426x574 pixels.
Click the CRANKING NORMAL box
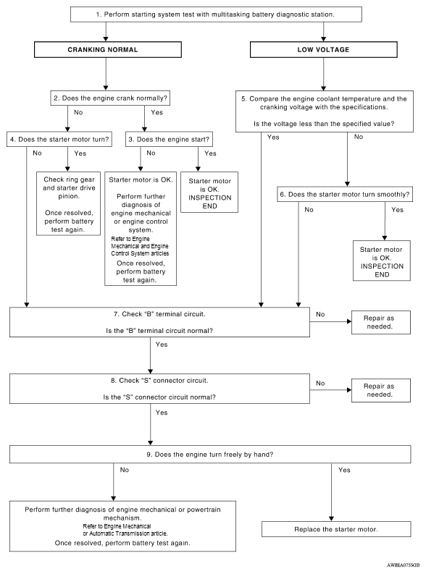tap(108, 49)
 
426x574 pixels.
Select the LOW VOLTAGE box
tap(323, 49)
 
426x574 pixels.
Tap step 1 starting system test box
tap(216, 14)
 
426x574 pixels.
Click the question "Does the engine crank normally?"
tap(110, 98)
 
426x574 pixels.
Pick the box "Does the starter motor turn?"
tap(59, 140)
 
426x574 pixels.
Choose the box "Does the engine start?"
tap(169, 140)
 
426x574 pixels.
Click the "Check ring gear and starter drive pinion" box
tap(69, 203)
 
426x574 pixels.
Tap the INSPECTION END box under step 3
tap(209, 193)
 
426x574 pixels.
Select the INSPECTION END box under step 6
tap(382, 261)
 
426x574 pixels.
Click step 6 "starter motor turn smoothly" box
tap(345, 195)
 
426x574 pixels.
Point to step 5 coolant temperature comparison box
tap(325, 111)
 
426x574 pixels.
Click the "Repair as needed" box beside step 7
tap(381, 322)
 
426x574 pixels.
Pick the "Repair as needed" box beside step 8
tap(381, 390)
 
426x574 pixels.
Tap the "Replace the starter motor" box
tap(336, 529)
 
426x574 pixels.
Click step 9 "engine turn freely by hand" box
tap(210, 455)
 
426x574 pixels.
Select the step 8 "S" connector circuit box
tap(159, 389)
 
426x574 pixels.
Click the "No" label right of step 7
tap(320, 314)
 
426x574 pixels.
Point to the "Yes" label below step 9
tap(344, 470)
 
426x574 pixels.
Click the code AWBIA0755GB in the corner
tap(404, 565)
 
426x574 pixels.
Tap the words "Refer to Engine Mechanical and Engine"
tap(140, 242)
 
